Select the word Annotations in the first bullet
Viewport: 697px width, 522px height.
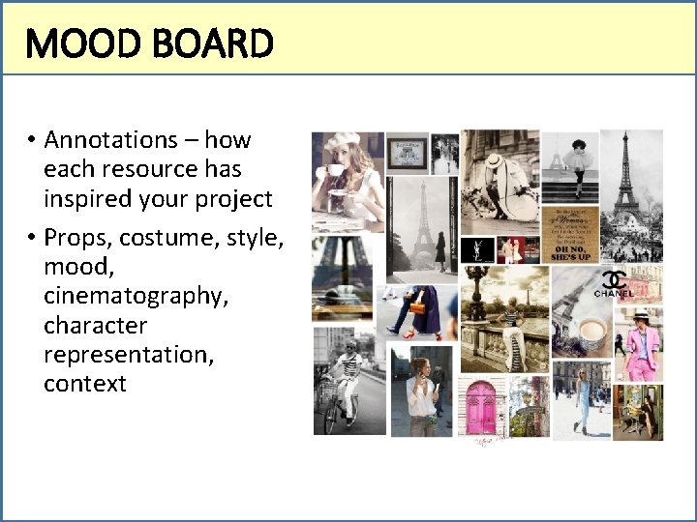[110, 140]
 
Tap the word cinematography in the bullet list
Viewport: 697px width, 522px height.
[136, 296]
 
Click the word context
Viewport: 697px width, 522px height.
[85, 384]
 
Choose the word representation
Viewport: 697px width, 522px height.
[129, 355]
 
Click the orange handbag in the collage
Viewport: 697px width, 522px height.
[417, 306]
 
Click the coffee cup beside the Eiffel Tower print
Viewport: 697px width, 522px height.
[591, 338]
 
